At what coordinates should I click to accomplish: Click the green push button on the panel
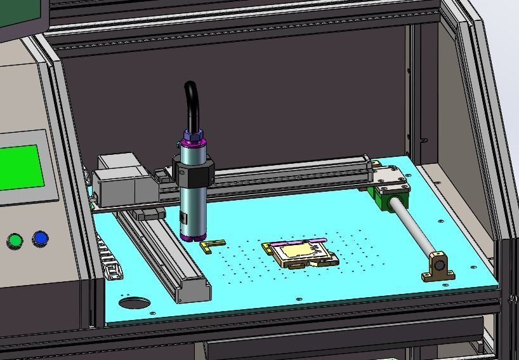coord(15,241)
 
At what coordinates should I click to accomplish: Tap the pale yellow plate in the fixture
coord(298,251)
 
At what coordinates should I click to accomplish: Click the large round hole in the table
coord(135,303)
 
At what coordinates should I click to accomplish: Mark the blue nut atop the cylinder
coord(194,135)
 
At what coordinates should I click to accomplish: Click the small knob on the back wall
coord(424,141)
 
